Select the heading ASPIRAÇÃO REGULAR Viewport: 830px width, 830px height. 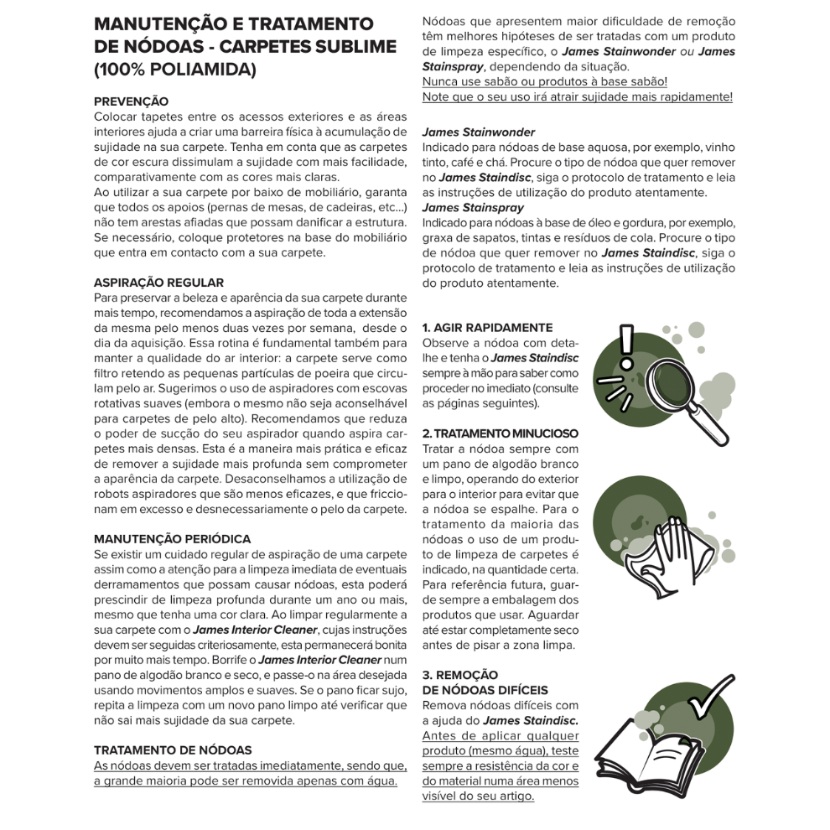click(158, 283)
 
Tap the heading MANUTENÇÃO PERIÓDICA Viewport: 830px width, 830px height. click(172, 539)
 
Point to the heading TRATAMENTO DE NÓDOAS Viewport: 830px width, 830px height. click(173, 750)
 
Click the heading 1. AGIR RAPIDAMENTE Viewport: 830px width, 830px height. click(487, 328)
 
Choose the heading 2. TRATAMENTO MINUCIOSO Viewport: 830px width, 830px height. click(500, 433)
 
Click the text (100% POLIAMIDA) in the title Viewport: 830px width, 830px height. click(174, 70)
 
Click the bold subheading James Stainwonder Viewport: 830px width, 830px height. click(479, 132)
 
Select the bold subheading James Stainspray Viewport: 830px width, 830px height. click(473, 207)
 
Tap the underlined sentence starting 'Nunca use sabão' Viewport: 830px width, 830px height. click(545, 81)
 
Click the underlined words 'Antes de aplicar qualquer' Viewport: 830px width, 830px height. click(501, 735)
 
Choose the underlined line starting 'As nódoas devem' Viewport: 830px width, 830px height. click(250, 765)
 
